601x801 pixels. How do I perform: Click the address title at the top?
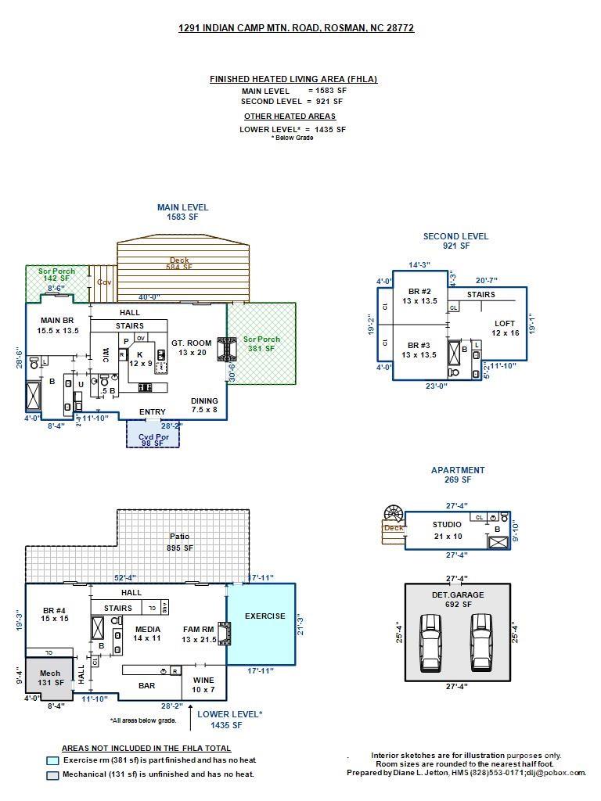pos(296,28)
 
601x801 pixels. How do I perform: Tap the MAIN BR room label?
pos(59,325)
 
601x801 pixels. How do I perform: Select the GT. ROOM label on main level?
pos(192,347)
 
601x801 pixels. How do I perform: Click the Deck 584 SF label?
pos(183,264)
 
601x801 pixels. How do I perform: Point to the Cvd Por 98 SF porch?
pos(153,438)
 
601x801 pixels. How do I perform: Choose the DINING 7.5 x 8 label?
pos(204,405)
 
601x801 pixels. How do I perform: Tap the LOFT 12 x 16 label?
pos(505,328)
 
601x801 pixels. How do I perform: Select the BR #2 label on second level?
pos(419,296)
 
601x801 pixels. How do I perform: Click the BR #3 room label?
pos(419,350)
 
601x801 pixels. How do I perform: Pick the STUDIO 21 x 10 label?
pos(447,530)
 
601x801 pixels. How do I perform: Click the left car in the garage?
pos(430,642)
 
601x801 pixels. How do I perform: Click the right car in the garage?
pos(482,642)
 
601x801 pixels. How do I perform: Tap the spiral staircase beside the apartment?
pos(392,515)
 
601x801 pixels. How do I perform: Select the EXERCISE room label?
pos(265,616)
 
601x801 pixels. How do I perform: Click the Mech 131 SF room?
pos(50,677)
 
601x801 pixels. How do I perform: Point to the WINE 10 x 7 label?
pos(203,684)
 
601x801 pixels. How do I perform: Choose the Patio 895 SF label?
pos(180,542)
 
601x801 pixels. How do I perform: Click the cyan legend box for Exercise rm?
pos(52,760)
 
